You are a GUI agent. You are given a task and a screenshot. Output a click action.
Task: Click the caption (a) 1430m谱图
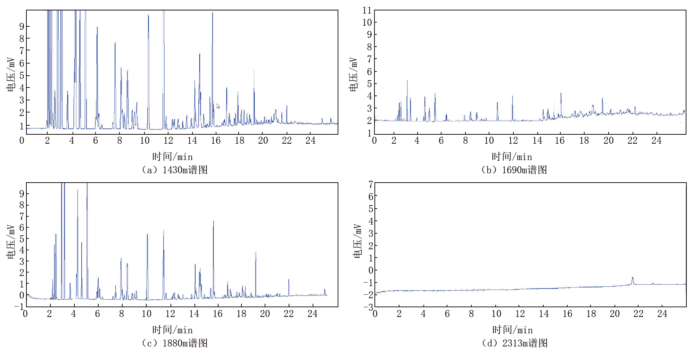click(175, 170)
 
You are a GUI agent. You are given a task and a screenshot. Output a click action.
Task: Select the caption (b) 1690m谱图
click(514, 170)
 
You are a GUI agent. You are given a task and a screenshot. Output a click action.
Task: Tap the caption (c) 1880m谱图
click(175, 343)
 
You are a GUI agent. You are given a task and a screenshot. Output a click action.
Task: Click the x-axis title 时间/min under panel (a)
click(172, 157)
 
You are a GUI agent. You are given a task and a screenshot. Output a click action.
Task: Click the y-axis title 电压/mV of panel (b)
click(353, 75)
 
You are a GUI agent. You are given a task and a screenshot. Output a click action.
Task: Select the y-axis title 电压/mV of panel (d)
click(357, 241)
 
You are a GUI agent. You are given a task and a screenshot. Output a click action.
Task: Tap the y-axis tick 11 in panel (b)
click(367, 10)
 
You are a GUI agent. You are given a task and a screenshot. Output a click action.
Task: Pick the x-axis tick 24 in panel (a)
click(310, 141)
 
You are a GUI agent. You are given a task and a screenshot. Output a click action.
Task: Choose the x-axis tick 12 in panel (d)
click(520, 314)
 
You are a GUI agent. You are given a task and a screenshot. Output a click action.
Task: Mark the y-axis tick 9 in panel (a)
click(22, 26)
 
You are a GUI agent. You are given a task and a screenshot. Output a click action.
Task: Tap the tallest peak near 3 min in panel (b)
click(407, 81)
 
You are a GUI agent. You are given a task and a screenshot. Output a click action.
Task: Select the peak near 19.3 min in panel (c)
click(256, 253)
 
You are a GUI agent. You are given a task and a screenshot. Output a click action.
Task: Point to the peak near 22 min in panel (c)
click(288, 280)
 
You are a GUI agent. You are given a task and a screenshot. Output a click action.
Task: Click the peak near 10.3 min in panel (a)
click(148, 16)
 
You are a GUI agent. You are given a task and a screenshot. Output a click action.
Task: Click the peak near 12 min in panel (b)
click(512, 97)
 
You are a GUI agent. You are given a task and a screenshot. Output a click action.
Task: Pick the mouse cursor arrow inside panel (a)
click(218, 106)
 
